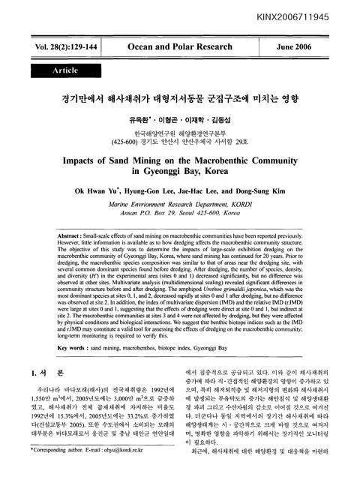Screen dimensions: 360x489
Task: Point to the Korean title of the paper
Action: tap(179, 98)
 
